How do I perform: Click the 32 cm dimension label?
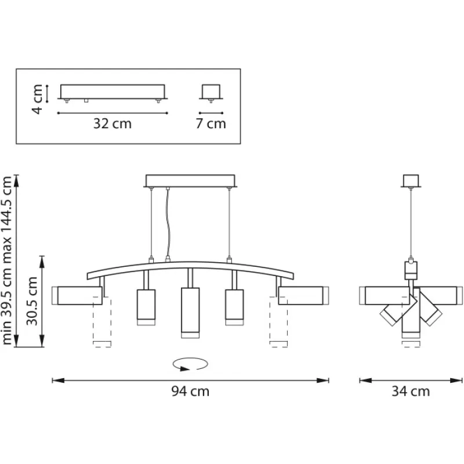[x=114, y=124]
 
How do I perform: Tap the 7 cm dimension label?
[x=211, y=124]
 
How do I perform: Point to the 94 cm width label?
[x=190, y=391]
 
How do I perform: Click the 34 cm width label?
[x=411, y=391]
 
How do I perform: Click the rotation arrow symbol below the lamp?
[x=190, y=364]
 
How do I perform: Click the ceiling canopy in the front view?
[x=190, y=182]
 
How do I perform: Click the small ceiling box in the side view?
[x=411, y=182]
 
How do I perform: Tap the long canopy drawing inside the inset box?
[x=114, y=92]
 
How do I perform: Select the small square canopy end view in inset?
[x=210, y=92]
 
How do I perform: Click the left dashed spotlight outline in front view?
[x=102, y=325]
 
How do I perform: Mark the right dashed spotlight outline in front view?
[x=279, y=325]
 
